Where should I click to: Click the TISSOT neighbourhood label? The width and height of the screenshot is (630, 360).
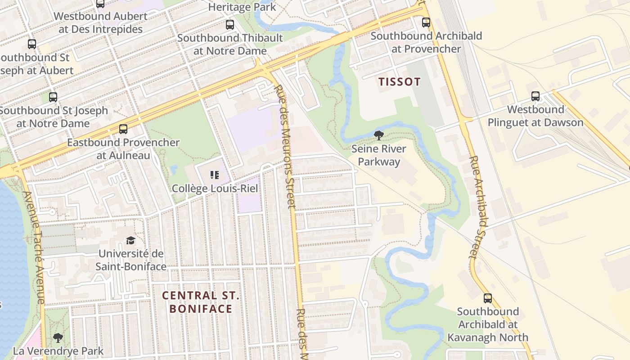click(399, 82)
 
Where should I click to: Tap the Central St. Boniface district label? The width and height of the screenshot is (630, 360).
click(201, 302)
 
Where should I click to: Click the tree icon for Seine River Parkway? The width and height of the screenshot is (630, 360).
click(378, 135)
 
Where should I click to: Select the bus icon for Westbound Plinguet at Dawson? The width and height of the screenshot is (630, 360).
click(535, 96)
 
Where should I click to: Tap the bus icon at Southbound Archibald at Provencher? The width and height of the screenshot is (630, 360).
click(426, 22)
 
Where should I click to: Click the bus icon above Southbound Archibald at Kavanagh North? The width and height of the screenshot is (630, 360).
click(487, 298)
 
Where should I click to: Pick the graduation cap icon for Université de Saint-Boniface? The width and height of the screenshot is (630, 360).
click(130, 240)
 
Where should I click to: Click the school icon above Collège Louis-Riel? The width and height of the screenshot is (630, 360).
click(215, 175)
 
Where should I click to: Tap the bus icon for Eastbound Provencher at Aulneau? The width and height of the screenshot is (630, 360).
click(123, 129)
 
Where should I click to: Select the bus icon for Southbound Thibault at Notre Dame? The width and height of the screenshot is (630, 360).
click(230, 24)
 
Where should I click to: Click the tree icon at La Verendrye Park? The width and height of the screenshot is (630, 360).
click(58, 337)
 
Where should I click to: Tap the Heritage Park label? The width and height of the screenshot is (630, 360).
click(242, 7)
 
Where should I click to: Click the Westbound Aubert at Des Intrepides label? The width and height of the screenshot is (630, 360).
click(100, 23)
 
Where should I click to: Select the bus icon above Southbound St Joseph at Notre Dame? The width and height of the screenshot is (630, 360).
click(53, 97)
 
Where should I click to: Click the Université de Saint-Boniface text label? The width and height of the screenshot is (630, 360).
click(130, 260)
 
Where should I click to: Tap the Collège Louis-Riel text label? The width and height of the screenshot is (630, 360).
click(215, 189)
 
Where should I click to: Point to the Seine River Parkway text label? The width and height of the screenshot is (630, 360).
click(378, 155)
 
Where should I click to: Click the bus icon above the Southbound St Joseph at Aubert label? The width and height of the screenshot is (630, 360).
click(31, 44)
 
